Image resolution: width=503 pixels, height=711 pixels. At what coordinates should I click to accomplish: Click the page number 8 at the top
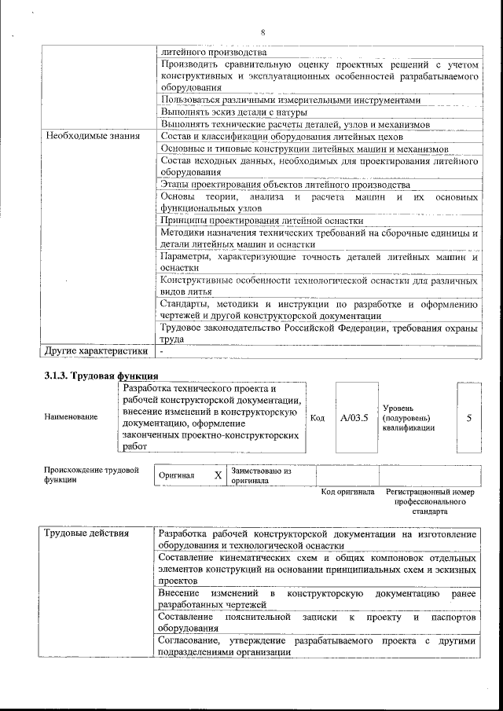click(x=263, y=31)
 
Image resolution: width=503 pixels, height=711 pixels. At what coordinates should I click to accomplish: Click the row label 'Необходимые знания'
click(x=92, y=136)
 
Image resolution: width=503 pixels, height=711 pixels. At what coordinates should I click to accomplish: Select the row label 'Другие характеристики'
click(x=96, y=351)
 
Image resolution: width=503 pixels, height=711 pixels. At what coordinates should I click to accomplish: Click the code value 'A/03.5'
click(x=354, y=417)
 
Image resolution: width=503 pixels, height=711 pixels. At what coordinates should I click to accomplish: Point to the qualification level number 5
click(x=469, y=417)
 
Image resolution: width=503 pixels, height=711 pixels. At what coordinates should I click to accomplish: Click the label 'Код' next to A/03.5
click(x=318, y=418)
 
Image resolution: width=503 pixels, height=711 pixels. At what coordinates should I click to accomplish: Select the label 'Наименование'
click(x=72, y=416)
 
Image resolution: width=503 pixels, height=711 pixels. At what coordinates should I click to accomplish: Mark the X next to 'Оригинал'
click(x=218, y=476)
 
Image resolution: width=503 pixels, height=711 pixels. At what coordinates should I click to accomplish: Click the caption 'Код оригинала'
click(x=347, y=493)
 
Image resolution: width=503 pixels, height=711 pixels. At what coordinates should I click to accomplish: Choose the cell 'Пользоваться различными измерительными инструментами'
click(x=290, y=101)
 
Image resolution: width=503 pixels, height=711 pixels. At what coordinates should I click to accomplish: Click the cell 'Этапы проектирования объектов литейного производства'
click(x=285, y=185)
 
